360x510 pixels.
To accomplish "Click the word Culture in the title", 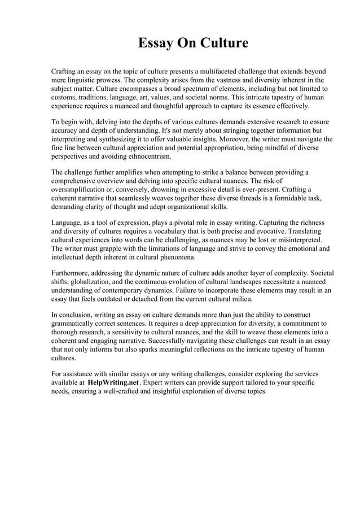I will [x=222, y=43].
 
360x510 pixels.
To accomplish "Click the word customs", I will [x=65, y=98].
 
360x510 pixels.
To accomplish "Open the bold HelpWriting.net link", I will [x=113, y=383].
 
